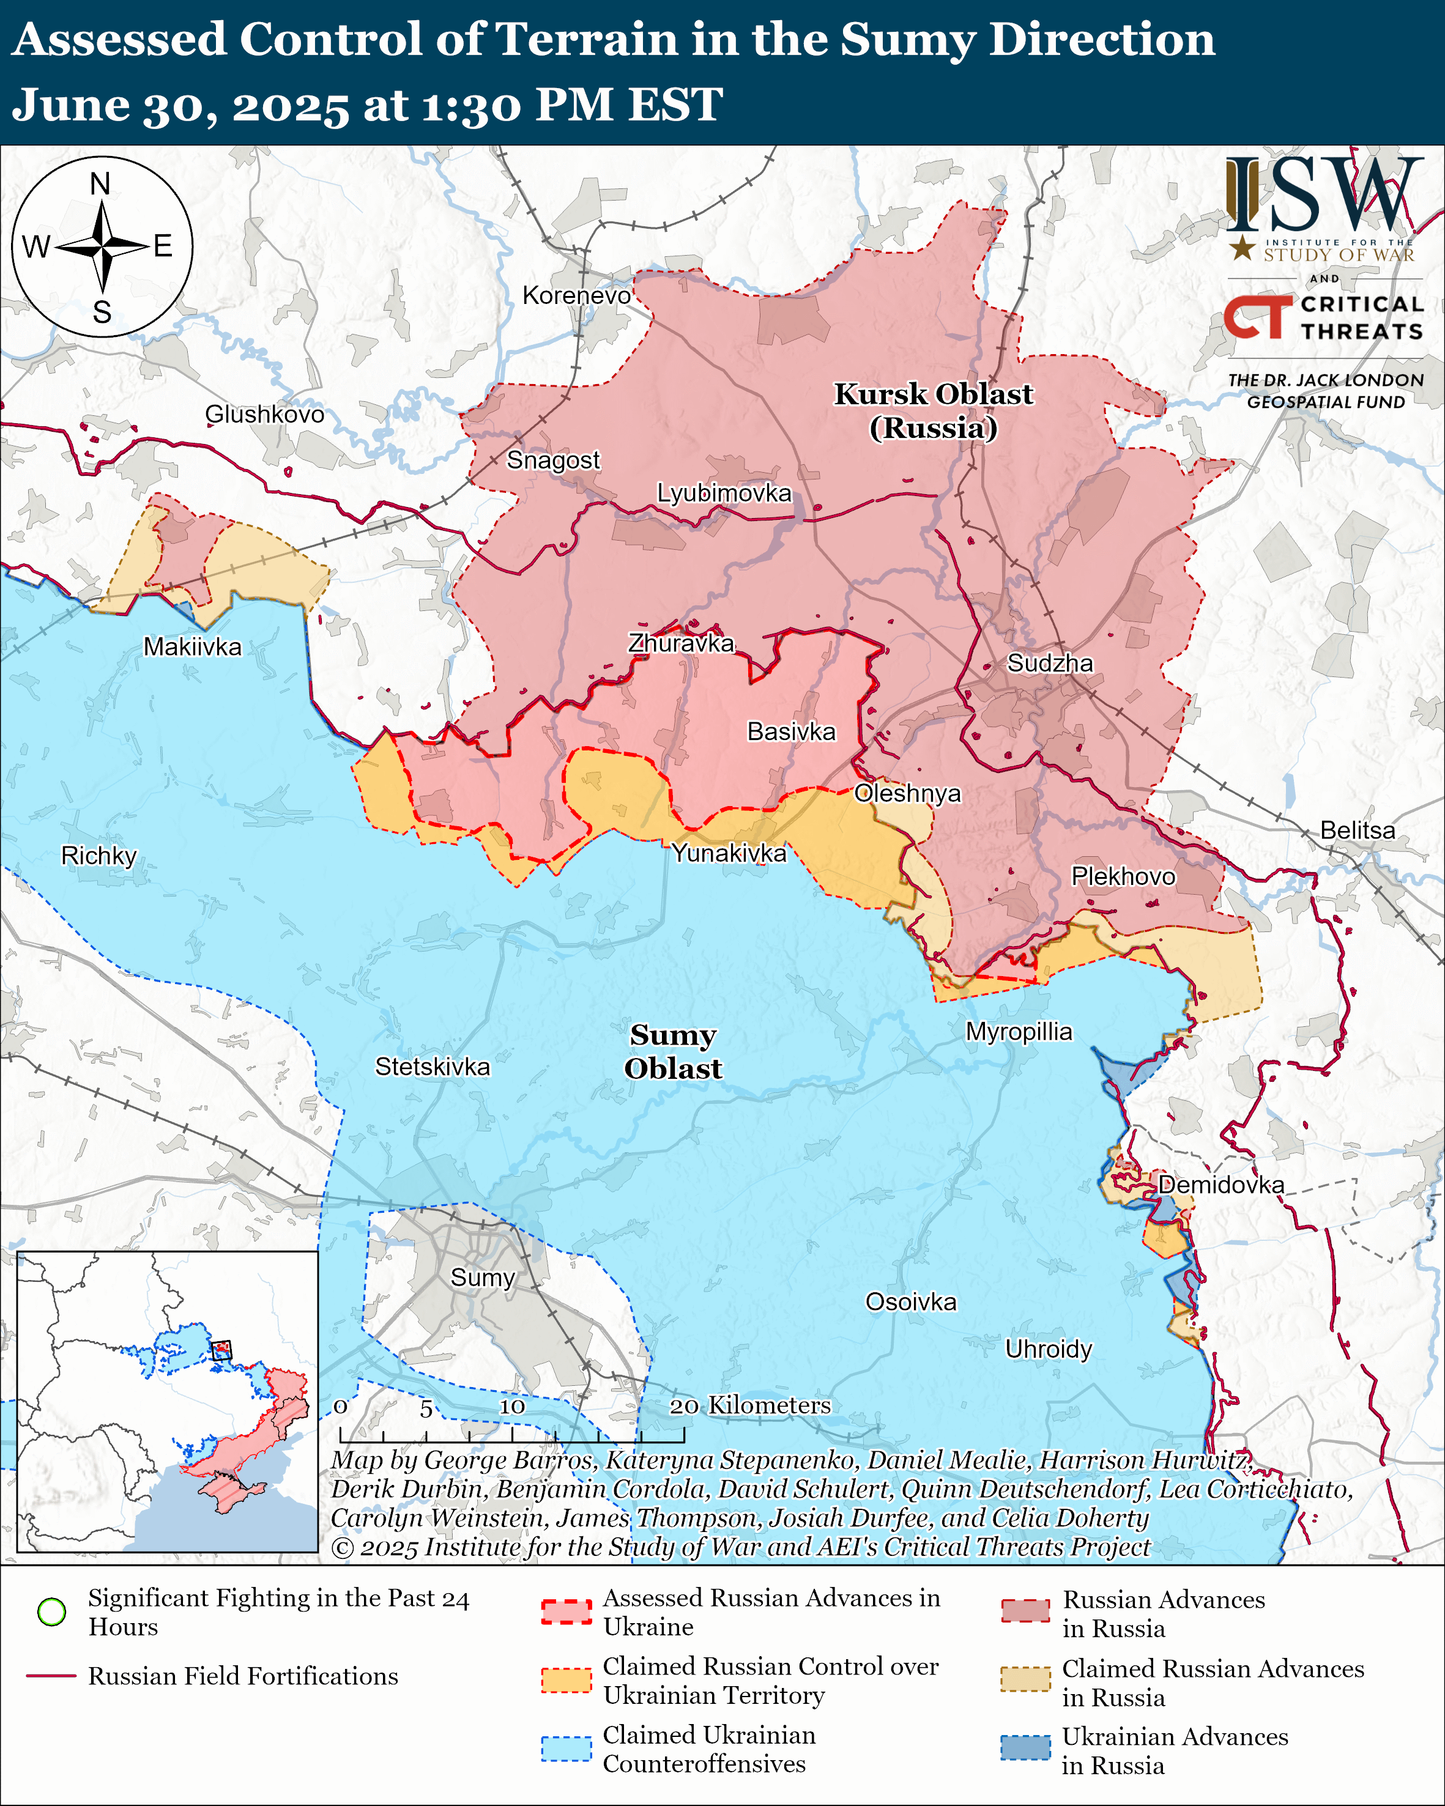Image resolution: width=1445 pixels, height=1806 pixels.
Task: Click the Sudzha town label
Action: pos(1050,664)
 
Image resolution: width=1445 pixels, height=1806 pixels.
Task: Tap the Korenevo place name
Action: pos(576,295)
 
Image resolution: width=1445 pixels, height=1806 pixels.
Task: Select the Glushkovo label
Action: pos(265,414)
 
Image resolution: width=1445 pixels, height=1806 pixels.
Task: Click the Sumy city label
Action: pos(483,1278)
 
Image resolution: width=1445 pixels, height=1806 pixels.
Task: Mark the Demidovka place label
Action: pos(1220,1185)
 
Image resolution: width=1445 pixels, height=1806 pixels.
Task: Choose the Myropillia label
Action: pos(1019,1031)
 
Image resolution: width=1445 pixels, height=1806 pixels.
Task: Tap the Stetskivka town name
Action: pos(433,1067)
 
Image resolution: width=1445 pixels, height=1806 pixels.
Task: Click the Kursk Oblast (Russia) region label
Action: pos(933,410)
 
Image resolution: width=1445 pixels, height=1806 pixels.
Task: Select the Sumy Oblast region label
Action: pos(673,1051)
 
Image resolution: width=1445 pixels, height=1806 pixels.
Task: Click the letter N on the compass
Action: pos(100,184)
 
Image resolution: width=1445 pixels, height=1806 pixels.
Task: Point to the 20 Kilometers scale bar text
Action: pos(751,1405)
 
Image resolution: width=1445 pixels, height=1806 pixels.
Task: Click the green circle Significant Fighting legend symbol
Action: pos(52,1612)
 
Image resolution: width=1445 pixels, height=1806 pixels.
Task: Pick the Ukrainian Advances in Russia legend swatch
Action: pos(1025,1748)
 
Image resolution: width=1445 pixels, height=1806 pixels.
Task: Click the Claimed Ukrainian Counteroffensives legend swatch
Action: pos(566,1748)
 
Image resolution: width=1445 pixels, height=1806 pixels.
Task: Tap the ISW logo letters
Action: pos(1323,195)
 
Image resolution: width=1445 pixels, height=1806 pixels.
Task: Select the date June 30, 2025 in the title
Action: pos(179,106)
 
